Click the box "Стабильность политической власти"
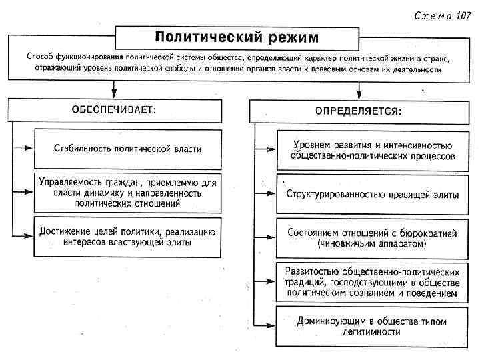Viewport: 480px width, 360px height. pos(127,149)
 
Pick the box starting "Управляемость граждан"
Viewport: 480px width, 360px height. pos(127,192)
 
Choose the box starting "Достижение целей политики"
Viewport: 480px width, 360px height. pos(127,237)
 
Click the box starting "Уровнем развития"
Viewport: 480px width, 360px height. pos(373,150)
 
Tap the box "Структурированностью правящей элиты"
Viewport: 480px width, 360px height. pos(373,195)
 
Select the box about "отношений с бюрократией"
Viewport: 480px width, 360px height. pos(373,238)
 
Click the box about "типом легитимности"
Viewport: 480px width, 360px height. pos(373,326)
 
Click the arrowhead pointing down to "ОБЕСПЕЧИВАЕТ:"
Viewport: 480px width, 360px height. pos(115,91)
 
